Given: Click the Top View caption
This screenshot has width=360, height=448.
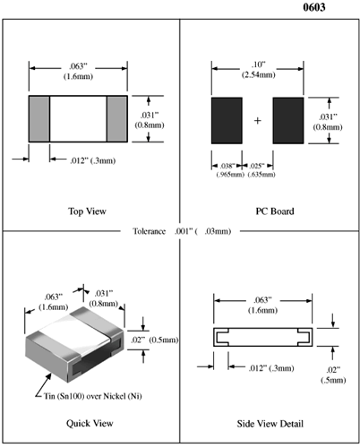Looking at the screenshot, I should point(87,211).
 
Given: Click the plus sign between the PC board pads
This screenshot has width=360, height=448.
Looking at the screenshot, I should point(258,120).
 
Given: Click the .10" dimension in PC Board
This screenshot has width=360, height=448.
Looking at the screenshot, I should point(259,65).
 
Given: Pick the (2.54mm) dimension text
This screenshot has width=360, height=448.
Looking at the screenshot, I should point(259,76).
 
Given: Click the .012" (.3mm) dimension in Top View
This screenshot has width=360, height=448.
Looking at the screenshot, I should point(99,160).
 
